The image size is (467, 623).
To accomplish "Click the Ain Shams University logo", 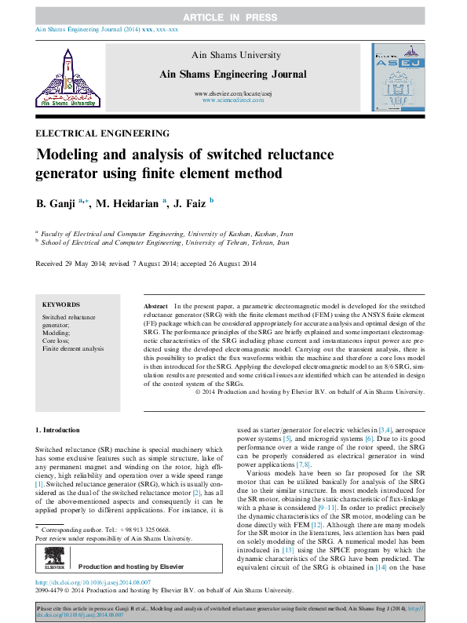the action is coord(67,77).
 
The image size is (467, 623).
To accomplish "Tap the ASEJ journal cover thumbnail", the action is coord(398,77).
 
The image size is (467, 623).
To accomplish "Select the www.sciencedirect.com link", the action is coord(232,101).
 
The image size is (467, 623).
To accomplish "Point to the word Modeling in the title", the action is coord(69,155).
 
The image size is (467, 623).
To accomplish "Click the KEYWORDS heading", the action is coord(60,304).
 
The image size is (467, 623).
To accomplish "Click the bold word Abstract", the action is coord(156,304).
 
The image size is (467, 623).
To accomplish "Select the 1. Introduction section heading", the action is coord(58,430).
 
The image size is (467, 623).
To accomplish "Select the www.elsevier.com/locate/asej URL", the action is coord(232,94).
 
